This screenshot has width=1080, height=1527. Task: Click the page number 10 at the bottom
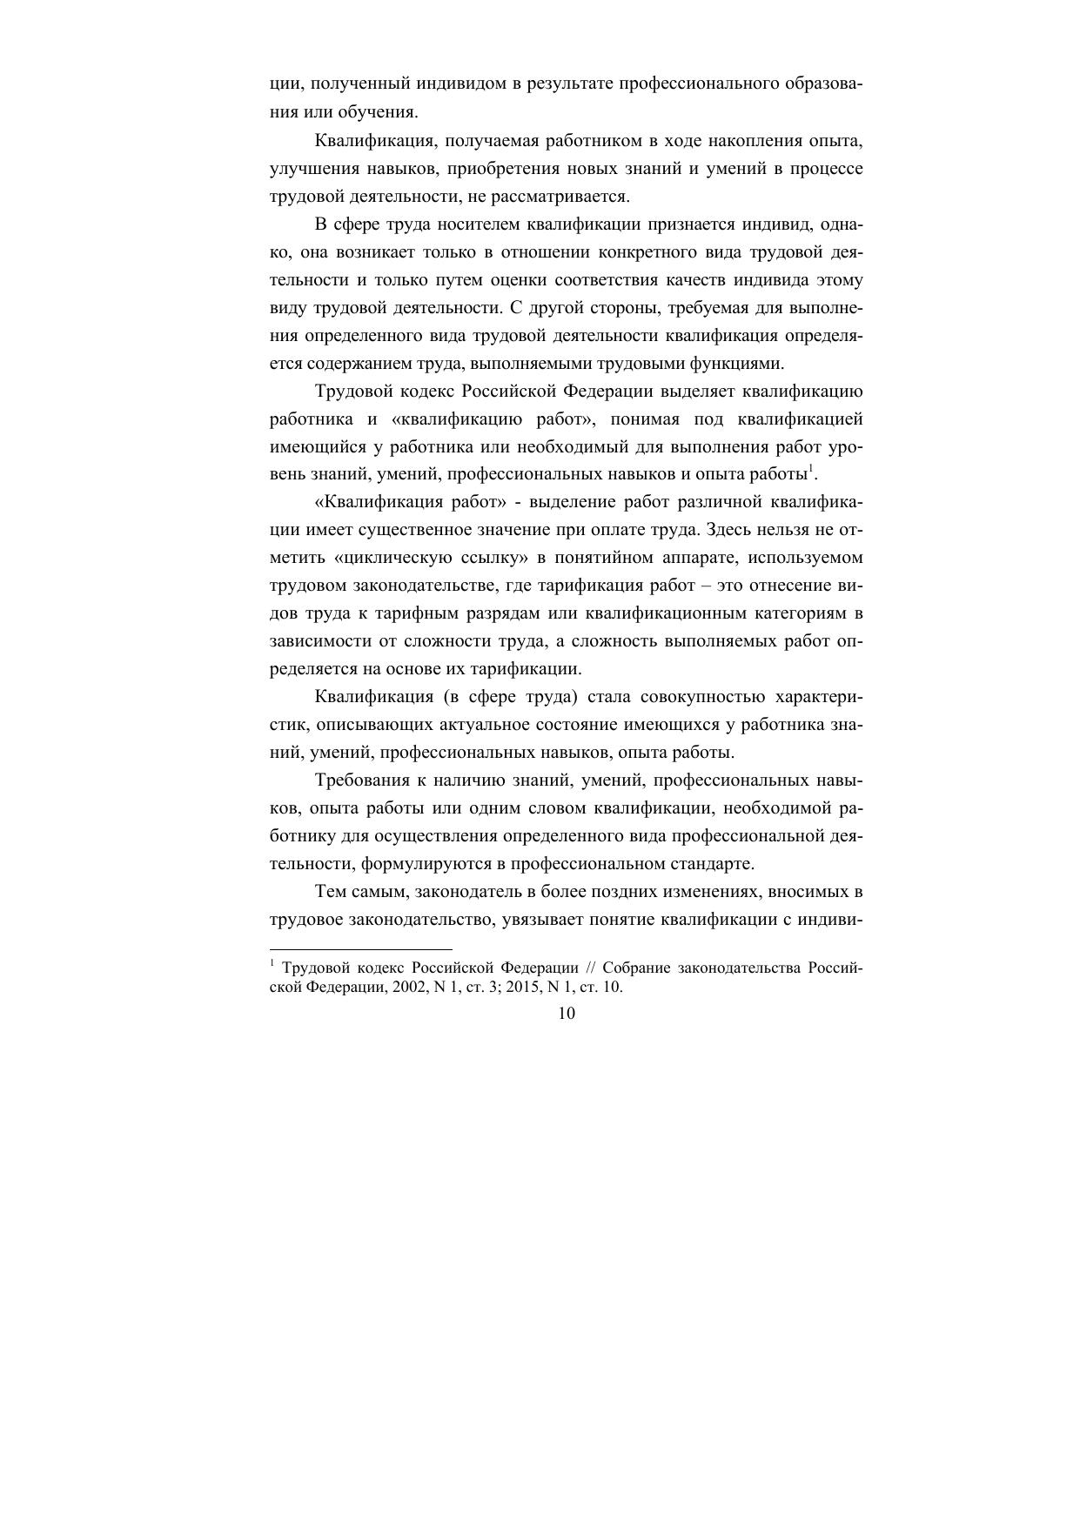566,1014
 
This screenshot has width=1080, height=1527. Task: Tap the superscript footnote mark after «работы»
811,470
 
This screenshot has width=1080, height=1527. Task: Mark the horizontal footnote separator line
361,949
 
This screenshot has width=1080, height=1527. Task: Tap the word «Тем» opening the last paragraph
330,892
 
